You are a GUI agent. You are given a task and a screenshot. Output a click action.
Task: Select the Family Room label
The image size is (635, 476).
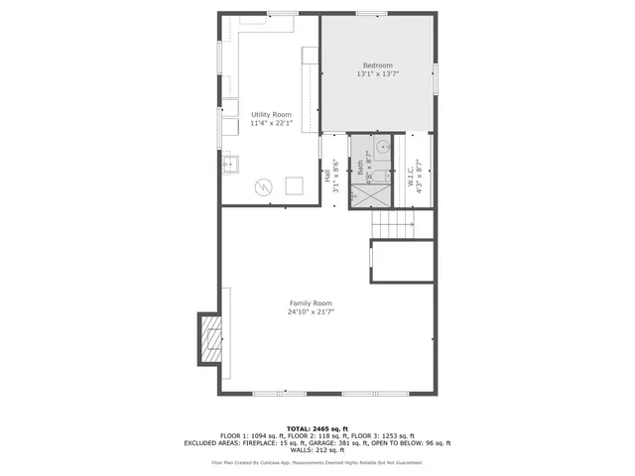[311, 302]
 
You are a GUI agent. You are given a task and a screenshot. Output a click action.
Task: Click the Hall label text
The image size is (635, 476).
[327, 176]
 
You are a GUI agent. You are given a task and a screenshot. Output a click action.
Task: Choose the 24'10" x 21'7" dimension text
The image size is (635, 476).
[311, 312]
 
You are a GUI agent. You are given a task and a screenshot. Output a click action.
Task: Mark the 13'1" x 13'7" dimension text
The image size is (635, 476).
[377, 74]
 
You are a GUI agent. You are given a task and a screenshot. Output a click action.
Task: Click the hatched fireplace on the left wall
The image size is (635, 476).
[209, 338]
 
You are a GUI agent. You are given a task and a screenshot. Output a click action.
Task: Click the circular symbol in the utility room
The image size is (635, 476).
[264, 185]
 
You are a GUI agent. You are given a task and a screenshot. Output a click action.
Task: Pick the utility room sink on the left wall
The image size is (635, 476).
[229, 165]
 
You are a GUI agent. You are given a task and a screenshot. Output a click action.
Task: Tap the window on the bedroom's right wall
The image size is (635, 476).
[436, 78]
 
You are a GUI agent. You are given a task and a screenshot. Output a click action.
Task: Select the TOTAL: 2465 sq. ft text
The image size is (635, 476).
[317, 428]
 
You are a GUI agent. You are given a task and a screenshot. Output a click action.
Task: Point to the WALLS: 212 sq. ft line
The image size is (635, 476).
[317, 451]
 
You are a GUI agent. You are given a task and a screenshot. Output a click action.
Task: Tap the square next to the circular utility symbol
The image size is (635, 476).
[295, 185]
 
